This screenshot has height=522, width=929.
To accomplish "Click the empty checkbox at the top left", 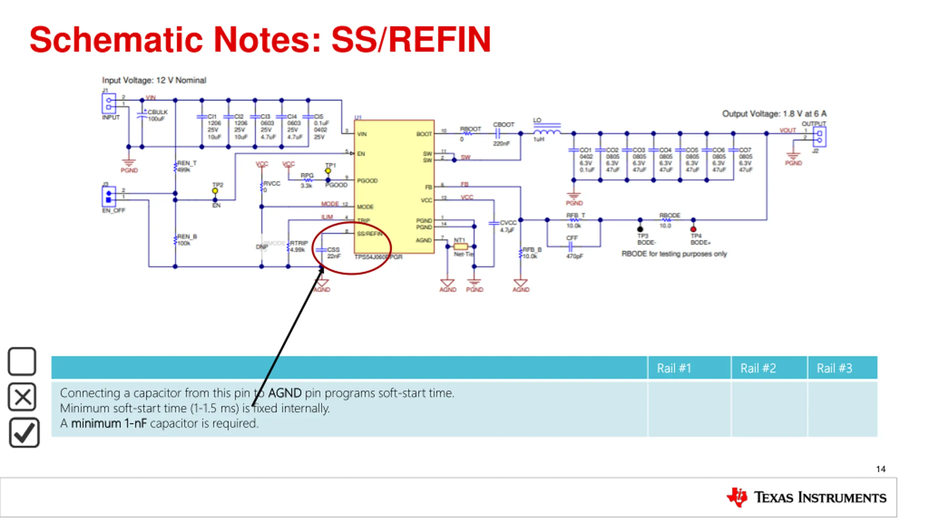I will [22, 361].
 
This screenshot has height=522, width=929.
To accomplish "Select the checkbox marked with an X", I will [22, 397].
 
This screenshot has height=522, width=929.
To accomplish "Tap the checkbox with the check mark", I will [24, 432].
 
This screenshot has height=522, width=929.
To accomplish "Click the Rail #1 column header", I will [674, 368].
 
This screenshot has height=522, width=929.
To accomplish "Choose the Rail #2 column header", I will [758, 368].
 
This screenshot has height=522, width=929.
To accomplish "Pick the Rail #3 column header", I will [834, 368].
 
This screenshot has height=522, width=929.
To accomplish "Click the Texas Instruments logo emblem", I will [737, 497].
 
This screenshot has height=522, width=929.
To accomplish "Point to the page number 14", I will [880, 469].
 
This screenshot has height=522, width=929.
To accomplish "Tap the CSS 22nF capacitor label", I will [333, 253].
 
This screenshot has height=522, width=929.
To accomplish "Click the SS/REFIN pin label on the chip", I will [369, 233].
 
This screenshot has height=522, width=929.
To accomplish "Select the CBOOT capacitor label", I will [503, 125].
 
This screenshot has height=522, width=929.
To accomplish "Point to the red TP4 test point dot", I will [693, 229].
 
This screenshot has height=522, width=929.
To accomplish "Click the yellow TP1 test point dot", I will [328, 171].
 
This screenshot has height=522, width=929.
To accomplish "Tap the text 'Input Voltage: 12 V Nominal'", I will [154, 80].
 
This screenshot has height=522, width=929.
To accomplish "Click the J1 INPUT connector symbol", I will [109, 103].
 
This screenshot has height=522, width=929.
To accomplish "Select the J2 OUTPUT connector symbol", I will [819, 137].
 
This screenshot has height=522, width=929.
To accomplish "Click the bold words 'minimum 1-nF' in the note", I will [109, 423].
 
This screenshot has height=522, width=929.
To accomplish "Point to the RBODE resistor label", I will [670, 215].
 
